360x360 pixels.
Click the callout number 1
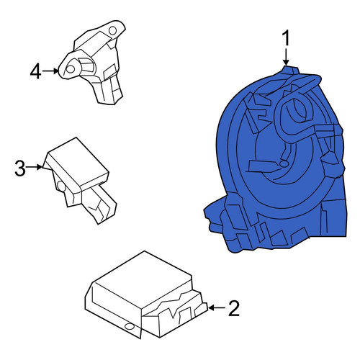286,38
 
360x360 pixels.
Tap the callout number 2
234,308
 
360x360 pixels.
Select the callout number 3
20,168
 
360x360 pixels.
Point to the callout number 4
35,71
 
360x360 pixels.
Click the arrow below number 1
286,57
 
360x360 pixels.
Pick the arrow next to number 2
217,307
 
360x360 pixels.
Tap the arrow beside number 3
35,167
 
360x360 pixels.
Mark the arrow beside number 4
50,71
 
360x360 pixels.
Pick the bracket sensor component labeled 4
92,63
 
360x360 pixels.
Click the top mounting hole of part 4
112,31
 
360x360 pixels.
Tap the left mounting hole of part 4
71,69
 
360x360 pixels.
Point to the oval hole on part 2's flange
130,326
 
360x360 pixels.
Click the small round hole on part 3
62,186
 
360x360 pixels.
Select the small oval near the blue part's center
284,164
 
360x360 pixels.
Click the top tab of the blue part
290,70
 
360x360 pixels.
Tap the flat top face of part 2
143,279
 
